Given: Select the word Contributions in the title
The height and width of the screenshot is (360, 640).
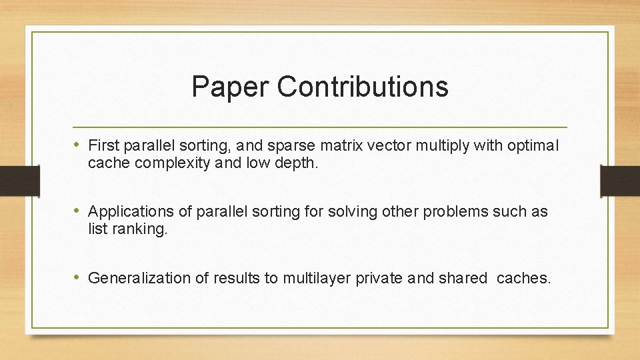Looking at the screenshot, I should pyautogui.click(x=363, y=87).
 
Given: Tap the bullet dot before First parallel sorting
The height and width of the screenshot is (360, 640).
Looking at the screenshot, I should pyautogui.click(x=79, y=145).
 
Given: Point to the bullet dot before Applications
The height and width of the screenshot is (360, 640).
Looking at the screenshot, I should pyautogui.click(x=79, y=211).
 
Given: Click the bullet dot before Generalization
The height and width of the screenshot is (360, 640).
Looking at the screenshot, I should pyautogui.click(x=79, y=277).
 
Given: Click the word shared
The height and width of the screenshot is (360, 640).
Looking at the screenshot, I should pyautogui.click(x=462, y=278).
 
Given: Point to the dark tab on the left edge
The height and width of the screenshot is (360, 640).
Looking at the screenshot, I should pyautogui.click(x=13, y=180).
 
